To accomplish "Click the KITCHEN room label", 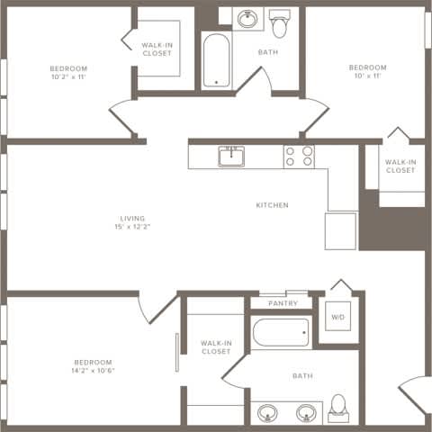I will point(272,205).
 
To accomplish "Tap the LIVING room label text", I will point(132,218).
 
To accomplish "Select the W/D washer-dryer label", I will point(337,317).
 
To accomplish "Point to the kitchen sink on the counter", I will point(232,157).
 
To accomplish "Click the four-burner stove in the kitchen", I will point(299,157).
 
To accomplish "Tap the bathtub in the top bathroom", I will point(216,61).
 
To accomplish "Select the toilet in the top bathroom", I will point(280,24).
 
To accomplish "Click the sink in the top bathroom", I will point(246,19).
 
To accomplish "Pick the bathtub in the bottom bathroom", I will point(281,334).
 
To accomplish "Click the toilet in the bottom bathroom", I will point(339,408).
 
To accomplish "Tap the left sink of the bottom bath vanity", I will point(266,414).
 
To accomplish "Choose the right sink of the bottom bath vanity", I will point(306,414).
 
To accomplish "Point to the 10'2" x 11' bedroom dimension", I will point(67,78).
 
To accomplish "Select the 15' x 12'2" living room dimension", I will point(132,227).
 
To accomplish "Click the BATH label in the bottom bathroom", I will point(301,375).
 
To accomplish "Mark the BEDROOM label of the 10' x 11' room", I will point(367,67).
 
